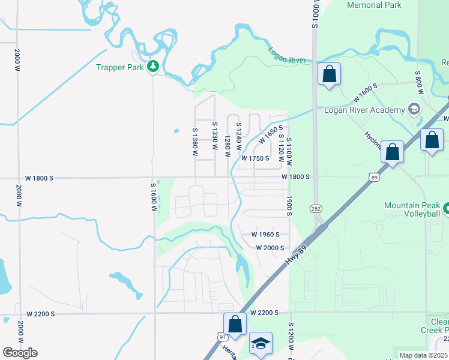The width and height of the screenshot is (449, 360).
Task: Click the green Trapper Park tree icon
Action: click(x=153, y=67)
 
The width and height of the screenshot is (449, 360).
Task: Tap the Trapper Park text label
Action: click(x=120, y=67)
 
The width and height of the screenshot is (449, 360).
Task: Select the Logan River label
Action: click(x=288, y=56)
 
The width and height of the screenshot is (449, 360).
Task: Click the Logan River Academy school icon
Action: click(x=414, y=109)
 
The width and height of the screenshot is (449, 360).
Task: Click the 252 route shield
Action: click(x=316, y=208)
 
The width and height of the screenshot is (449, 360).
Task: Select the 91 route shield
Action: click(x=223, y=337)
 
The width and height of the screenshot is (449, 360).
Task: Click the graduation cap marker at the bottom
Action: click(x=261, y=343)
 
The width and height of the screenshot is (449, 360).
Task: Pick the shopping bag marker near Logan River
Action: click(x=329, y=74)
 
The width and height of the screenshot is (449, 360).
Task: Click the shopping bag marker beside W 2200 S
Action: click(x=235, y=324)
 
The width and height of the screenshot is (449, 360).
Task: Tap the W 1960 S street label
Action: click(x=266, y=235)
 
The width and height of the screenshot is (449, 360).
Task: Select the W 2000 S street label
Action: click(x=269, y=248)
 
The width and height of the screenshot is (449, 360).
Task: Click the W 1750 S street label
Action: click(x=256, y=158)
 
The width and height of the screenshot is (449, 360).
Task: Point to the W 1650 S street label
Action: click(x=270, y=137)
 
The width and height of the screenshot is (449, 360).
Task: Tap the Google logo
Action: click(x=20, y=352)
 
